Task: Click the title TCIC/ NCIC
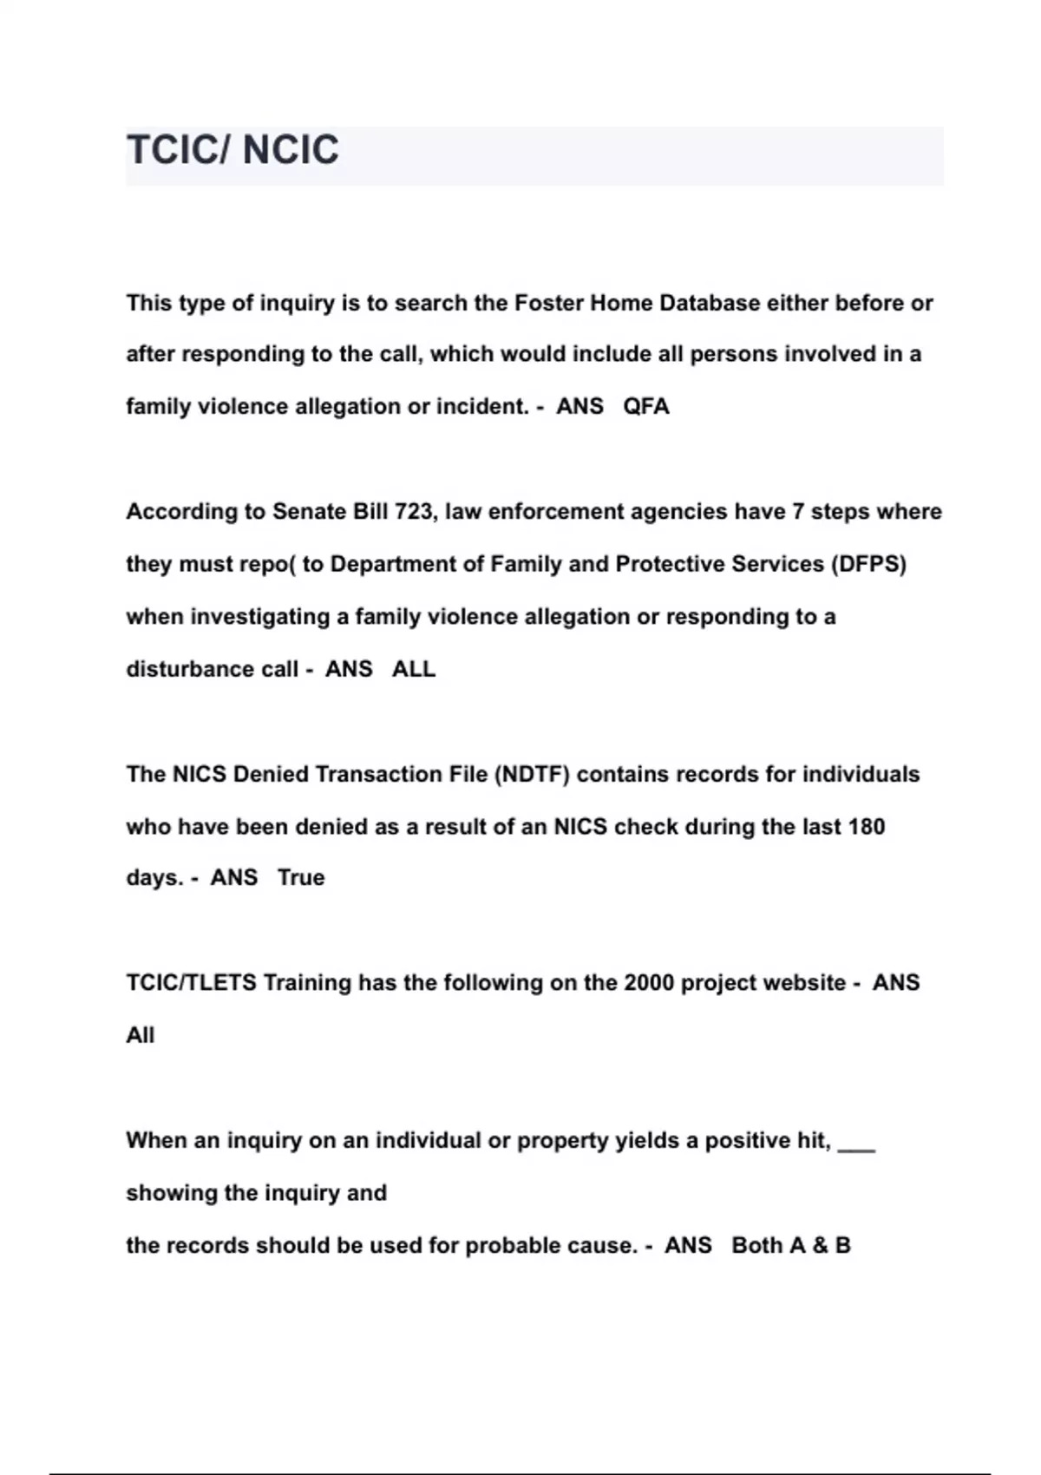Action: pyautogui.click(x=232, y=150)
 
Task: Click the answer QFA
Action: pyautogui.click(x=646, y=407)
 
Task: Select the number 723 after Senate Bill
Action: pyautogui.click(x=413, y=512)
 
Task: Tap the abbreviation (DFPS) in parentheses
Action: pyautogui.click(x=868, y=564)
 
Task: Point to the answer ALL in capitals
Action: pyautogui.click(x=414, y=669)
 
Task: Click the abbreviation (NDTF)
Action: pyautogui.click(x=532, y=774)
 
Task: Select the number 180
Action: pyautogui.click(x=866, y=826)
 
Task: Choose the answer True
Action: pyautogui.click(x=301, y=877)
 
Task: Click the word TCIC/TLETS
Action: pyautogui.click(x=191, y=983)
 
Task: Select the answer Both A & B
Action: pyautogui.click(x=791, y=1246)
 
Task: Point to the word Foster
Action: pyautogui.click(x=549, y=303)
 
